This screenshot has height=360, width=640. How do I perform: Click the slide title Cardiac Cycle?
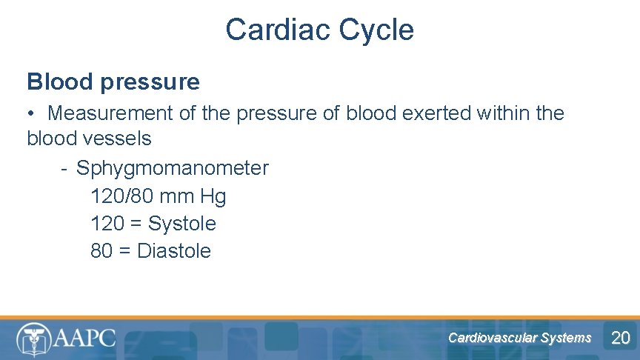tap(319, 30)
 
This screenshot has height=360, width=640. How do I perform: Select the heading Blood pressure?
tap(113, 81)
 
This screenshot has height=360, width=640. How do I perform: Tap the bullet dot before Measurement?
tap(32, 114)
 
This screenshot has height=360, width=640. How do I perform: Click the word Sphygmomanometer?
tap(173, 168)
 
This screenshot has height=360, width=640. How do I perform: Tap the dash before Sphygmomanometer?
tap(65, 169)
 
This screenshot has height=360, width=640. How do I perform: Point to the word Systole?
tap(181, 224)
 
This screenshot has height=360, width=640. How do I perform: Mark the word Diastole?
tap(174, 251)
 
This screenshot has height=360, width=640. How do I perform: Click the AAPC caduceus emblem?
tap(34, 339)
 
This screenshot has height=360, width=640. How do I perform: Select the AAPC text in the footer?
tap(85, 339)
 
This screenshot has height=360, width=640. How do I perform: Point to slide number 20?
tap(620, 339)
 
